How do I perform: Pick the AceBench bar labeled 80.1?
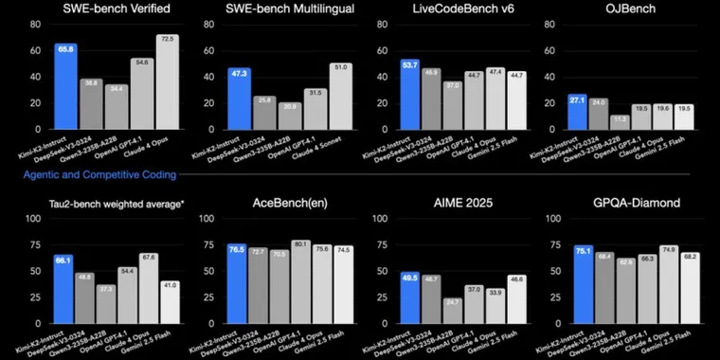300,282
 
